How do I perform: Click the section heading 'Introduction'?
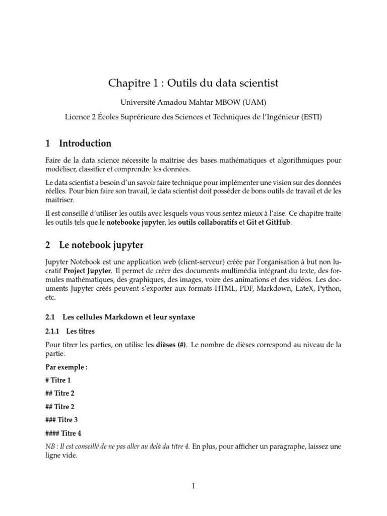pos(85,144)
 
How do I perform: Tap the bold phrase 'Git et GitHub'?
pos(268,222)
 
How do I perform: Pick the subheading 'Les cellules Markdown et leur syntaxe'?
pos(128,317)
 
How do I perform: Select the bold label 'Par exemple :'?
pos(67,367)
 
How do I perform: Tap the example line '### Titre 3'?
pos(63,419)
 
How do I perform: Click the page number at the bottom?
pos(193,486)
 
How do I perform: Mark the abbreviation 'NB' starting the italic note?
pos(50,446)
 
